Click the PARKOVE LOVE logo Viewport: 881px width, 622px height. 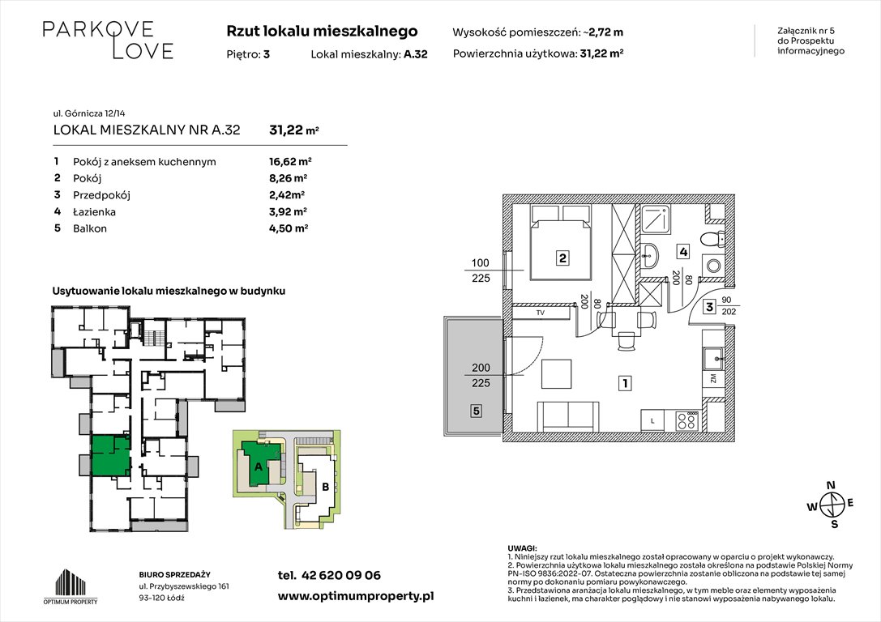tap(107, 40)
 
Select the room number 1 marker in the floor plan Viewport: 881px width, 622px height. tap(625, 384)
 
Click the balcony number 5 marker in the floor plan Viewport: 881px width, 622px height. tap(476, 411)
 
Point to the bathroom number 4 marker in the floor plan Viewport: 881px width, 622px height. tap(684, 252)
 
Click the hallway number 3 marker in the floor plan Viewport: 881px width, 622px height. tap(708, 307)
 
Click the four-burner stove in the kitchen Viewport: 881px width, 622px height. tap(686, 420)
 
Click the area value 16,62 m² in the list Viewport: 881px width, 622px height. tap(290, 161)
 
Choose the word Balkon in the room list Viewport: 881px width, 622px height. tap(90, 228)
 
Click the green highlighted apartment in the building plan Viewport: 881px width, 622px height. tap(109, 454)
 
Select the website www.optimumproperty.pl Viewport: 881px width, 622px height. tap(356, 595)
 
